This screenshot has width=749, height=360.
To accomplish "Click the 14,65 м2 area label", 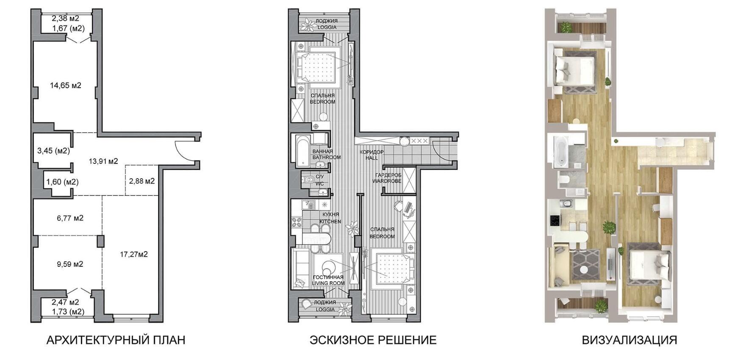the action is tap(66, 85).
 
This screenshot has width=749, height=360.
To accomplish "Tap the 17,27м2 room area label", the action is tap(134, 254).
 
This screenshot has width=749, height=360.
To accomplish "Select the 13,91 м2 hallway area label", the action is tap(103, 161).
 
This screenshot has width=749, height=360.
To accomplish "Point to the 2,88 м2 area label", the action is tap(142, 181).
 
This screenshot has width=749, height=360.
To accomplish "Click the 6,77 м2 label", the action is tap(70, 218).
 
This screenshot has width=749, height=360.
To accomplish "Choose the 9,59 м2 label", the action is tap(70, 264).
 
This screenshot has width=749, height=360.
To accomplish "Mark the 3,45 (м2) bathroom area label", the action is tap(53, 150).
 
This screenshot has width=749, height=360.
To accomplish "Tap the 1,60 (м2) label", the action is tap(63, 182).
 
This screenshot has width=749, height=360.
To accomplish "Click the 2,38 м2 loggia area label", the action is tap(66, 18).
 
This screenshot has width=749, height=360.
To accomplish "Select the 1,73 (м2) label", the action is tap(68, 311).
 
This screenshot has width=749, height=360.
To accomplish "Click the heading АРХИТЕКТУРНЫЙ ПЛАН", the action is tap(116, 340).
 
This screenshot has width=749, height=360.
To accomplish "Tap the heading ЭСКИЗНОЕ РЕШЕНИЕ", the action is tap(373, 340).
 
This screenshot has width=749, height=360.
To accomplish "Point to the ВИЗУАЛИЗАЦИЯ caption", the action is tap(630, 340).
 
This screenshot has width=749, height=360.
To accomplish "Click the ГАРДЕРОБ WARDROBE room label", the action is tap(387, 178).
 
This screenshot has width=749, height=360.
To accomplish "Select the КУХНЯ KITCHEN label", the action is tap(330, 218).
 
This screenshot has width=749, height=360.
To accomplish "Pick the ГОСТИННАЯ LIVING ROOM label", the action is tap(328, 280).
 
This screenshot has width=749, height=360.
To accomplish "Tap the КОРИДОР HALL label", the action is tap(372, 155).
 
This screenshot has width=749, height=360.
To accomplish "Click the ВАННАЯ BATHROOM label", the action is tap(327, 154).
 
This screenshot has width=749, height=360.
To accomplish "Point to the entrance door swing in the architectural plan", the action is tap(185, 150).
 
